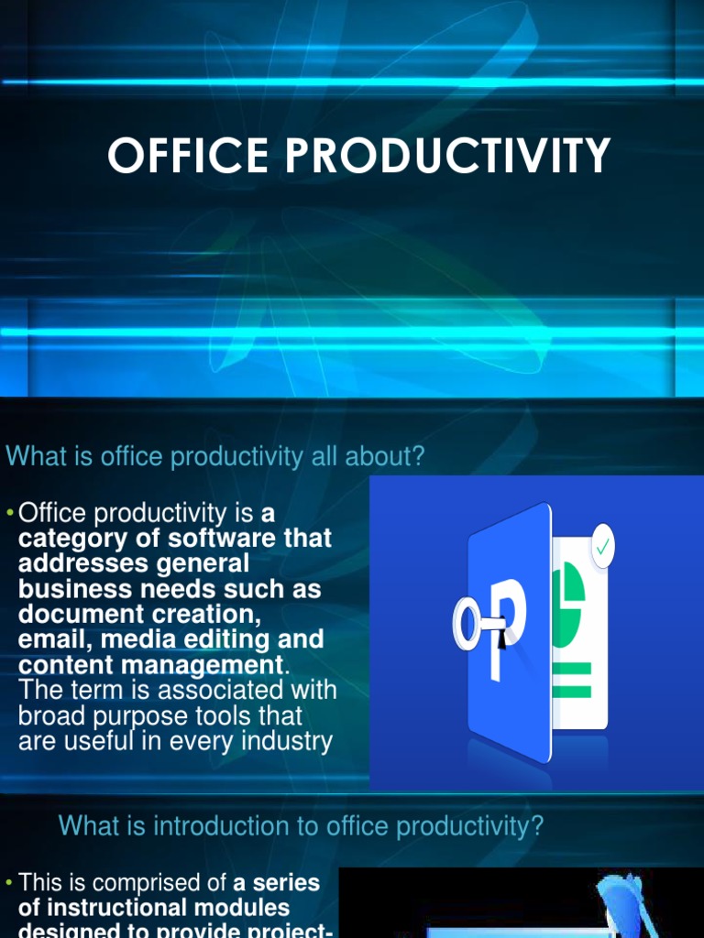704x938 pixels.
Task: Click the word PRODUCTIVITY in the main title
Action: (447, 156)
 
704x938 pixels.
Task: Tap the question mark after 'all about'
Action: (419, 457)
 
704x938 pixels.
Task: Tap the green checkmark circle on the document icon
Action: (602, 547)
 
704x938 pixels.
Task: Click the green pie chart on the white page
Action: (570, 596)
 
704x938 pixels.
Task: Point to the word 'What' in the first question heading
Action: (37, 457)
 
